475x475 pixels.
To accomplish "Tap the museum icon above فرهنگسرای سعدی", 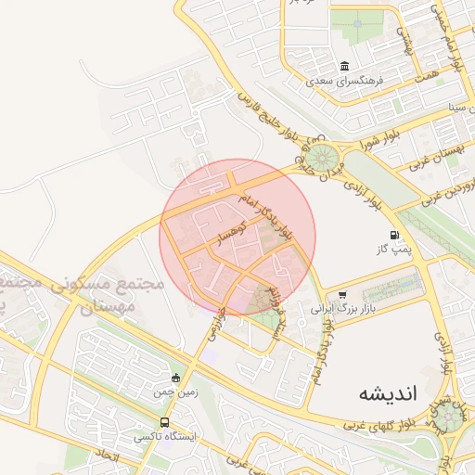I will pyautogui.click(x=345, y=67).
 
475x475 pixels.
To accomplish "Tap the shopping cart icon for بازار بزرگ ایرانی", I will pyautogui.click(x=342, y=294).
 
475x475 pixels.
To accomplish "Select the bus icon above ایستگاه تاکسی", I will pyautogui.click(x=165, y=423).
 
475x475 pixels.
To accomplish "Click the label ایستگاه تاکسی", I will pyautogui.click(x=161, y=436).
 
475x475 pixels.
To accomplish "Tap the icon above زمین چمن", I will pyautogui.click(x=176, y=378).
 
